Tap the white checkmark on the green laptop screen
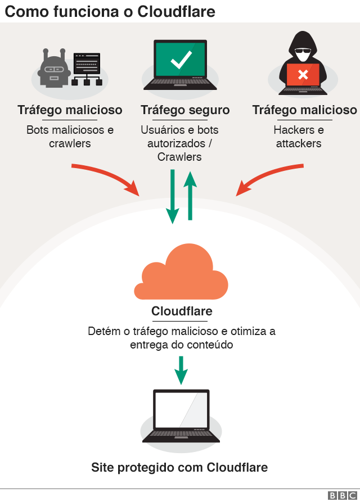coord(181,60)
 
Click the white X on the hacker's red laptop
coord(303,74)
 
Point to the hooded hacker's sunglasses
coord(303,56)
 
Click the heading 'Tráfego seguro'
coord(185,110)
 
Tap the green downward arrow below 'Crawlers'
coord(173,197)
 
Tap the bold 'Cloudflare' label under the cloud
coord(182,311)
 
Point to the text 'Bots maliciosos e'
coord(70,130)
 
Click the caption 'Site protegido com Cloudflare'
coord(179,467)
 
